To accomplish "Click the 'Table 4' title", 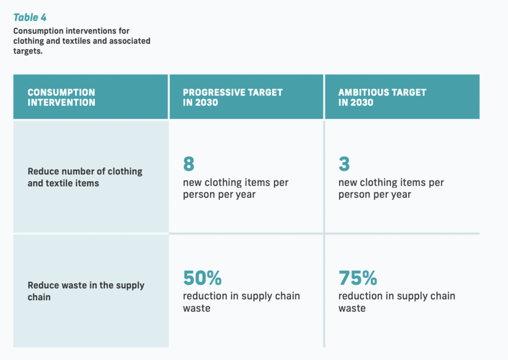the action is [x=30, y=17].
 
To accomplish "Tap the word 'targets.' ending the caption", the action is [x=28, y=51].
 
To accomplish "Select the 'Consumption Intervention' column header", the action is [x=61, y=98].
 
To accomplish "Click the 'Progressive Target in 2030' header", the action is [x=233, y=98].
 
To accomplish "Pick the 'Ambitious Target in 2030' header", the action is [x=382, y=98].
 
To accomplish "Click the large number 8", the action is [x=189, y=164].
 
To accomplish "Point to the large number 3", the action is [x=344, y=164].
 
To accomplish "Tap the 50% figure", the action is [x=203, y=278].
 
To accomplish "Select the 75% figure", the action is [x=358, y=278].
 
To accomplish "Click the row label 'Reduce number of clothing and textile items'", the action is [x=85, y=177].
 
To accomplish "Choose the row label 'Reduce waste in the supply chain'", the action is [x=86, y=291].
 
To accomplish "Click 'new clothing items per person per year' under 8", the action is [x=235, y=188].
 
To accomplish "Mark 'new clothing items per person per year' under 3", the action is [x=391, y=188].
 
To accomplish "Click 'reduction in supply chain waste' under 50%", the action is [x=242, y=302].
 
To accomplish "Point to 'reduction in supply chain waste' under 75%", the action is [x=397, y=302].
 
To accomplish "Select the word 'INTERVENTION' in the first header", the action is [x=61, y=103].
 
